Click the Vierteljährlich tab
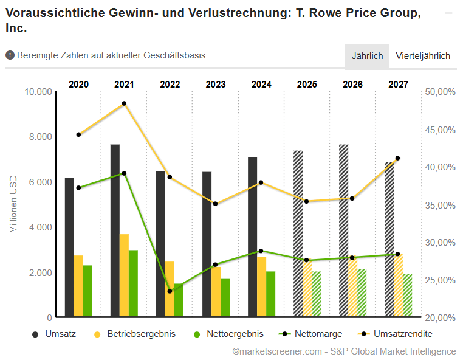(x=423, y=56)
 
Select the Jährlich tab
(x=367, y=56)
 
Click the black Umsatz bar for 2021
(x=115, y=231)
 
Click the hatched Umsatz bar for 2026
(x=344, y=231)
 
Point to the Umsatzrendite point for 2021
(x=124, y=103)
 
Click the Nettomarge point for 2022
(x=170, y=291)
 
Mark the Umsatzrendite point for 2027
(x=398, y=158)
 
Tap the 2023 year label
(x=216, y=85)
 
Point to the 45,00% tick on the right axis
(x=440, y=130)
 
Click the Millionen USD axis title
(x=13, y=204)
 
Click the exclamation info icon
(x=10, y=55)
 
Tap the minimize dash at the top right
(x=449, y=13)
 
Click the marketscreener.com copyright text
(x=343, y=351)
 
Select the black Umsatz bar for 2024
(x=252, y=237)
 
